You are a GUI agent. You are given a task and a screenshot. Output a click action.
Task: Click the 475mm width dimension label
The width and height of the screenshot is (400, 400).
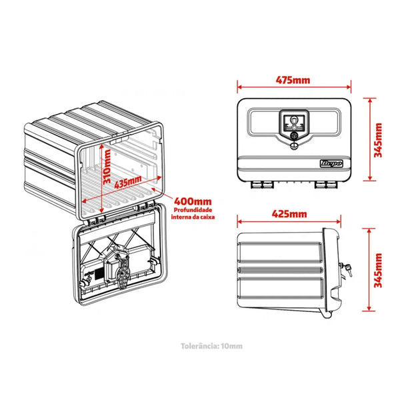(x=293, y=80)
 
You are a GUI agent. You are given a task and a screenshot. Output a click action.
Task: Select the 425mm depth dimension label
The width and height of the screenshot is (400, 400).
(x=289, y=214)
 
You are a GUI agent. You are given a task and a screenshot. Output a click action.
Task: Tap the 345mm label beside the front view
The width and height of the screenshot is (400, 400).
(x=378, y=140)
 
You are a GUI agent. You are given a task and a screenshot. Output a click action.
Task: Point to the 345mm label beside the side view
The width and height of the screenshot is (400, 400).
(x=378, y=271)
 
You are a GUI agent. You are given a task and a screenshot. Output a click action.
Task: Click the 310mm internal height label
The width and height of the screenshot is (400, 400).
(x=107, y=166)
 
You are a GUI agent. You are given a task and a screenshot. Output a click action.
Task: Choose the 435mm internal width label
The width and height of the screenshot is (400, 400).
(x=127, y=181)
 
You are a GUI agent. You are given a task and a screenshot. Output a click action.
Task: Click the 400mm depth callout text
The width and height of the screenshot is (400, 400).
(x=193, y=201)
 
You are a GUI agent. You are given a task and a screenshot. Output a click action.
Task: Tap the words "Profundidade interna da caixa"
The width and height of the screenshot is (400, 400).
(x=193, y=213)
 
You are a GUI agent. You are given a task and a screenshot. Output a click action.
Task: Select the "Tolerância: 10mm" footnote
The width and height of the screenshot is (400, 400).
(x=212, y=346)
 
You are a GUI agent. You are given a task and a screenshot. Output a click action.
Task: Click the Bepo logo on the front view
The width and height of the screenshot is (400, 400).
(x=331, y=163)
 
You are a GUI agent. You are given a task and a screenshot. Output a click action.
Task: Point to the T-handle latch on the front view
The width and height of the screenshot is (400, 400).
(x=295, y=123)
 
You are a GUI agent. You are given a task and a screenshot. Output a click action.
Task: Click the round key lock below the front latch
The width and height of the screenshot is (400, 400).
(x=294, y=135)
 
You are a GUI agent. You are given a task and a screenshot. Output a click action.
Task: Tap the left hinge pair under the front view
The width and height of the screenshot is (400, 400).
(x=262, y=185)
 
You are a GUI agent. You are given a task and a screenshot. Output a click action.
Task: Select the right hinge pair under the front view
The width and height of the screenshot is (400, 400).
(x=326, y=185)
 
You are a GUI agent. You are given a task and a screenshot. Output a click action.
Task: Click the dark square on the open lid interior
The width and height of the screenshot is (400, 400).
(x=99, y=273)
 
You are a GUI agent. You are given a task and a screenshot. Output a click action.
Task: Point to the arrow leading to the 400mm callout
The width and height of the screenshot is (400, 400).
(x=162, y=195)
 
